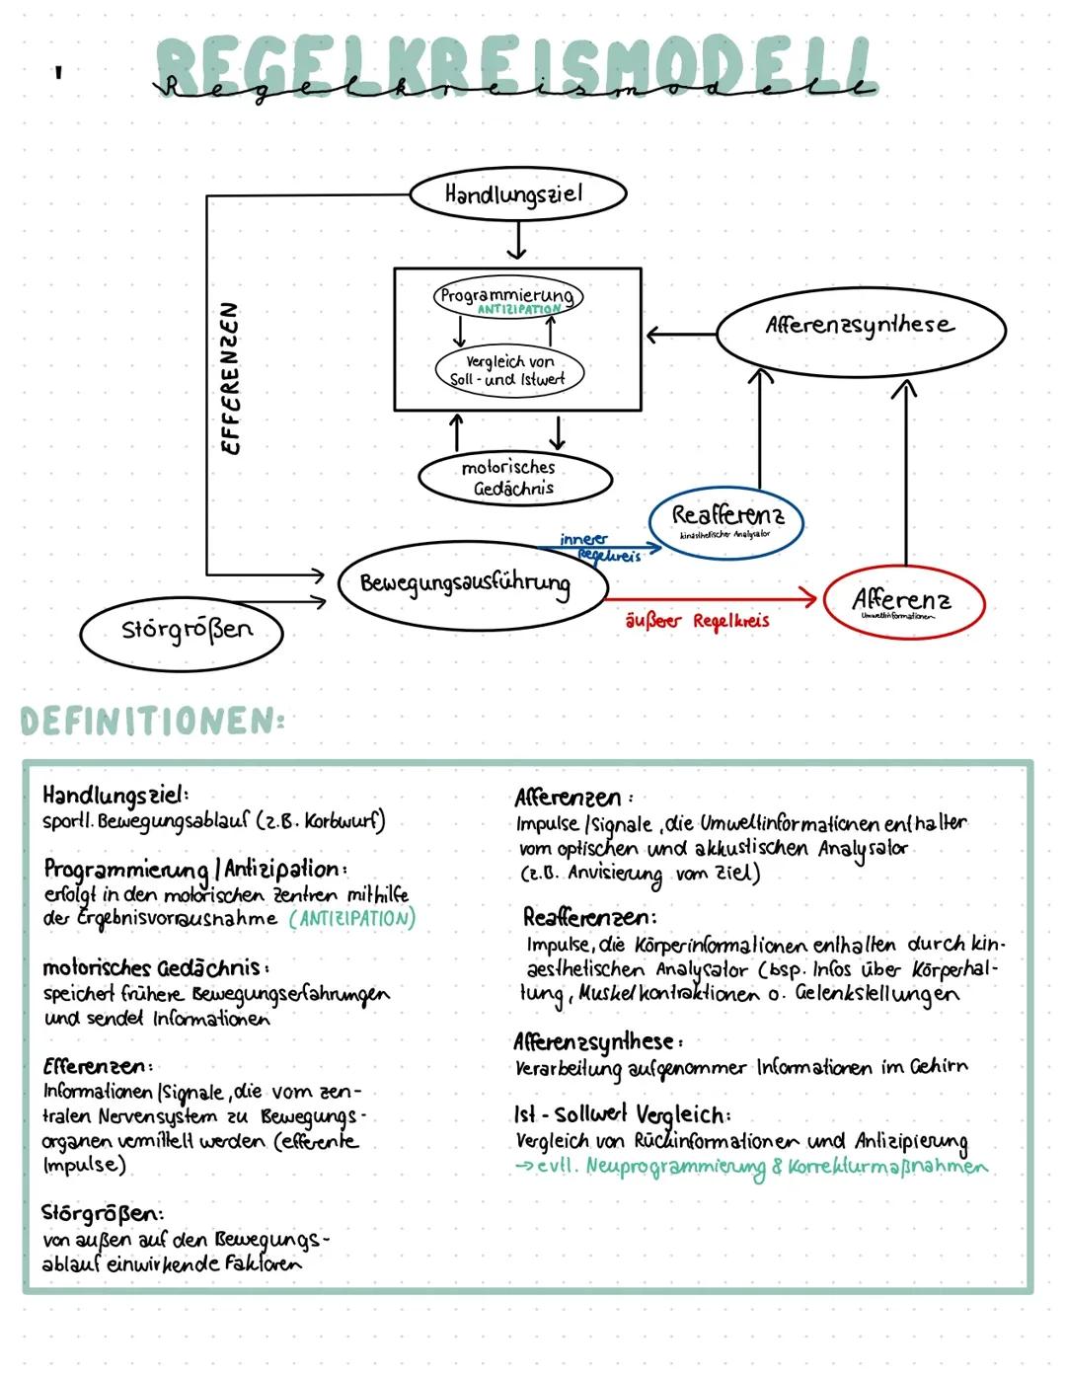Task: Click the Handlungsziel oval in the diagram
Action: click(517, 194)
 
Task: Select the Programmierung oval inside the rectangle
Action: click(507, 296)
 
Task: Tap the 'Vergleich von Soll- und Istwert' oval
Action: click(509, 370)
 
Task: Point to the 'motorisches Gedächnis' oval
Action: click(514, 478)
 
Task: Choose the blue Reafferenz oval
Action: click(726, 520)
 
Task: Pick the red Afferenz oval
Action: click(902, 601)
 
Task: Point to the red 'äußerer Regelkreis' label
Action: click(697, 622)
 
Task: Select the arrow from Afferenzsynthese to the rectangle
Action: click(680, 335)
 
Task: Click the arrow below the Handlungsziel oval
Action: click(516, 240)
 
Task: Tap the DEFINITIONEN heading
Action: click(152, 722)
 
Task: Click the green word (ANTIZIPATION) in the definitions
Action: click(351, 919)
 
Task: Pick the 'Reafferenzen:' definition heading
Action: click(589, 917)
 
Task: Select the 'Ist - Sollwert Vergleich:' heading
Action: click(622, 1114)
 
